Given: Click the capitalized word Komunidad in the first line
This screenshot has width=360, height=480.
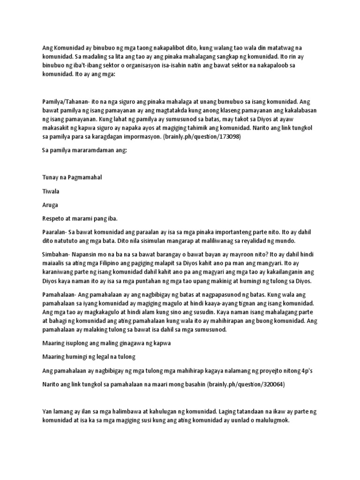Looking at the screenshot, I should (68, 47).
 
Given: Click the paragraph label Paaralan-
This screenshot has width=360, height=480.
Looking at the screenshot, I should (55, 232).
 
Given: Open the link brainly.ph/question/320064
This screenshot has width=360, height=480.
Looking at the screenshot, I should (238, 384).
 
